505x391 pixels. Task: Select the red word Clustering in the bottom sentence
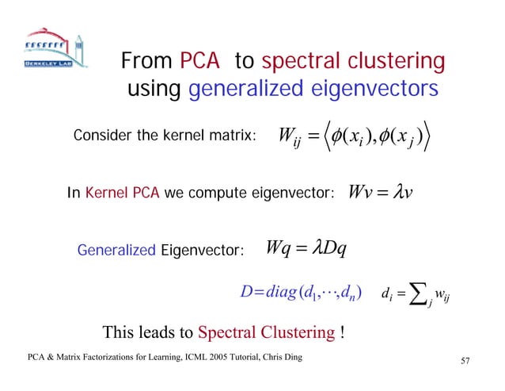[x=295, y=332]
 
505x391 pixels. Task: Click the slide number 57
[x=465, y=362]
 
